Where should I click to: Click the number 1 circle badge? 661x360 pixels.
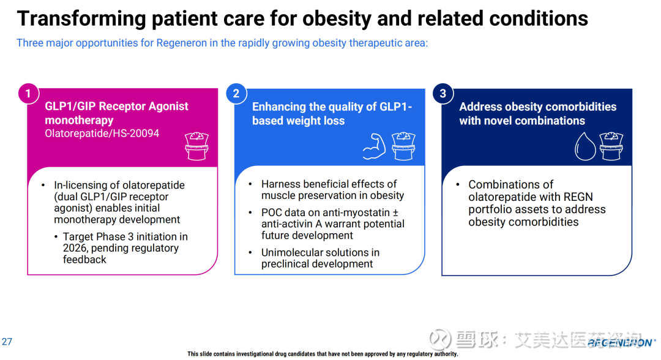click(28, 94)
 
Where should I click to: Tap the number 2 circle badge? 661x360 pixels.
click(236, 94)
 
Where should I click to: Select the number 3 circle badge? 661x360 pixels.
click(443, 94)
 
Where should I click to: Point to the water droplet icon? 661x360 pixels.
click(584, 146)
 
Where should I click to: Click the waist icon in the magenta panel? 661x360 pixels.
click(197, 145)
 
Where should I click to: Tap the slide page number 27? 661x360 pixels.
click(7, 342)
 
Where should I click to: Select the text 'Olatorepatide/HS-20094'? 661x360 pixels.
click(102, 133)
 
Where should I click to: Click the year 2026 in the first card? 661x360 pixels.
click(75, 248)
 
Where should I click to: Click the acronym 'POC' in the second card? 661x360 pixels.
click(274, 212)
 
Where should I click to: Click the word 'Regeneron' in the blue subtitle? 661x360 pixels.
click(181, 43)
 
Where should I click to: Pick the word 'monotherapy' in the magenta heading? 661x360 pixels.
click(79, 121)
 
